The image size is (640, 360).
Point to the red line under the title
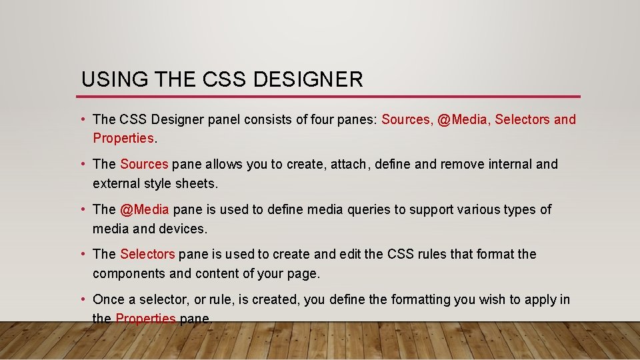[x=331, y=97]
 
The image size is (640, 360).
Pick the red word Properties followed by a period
[x=123, y=138]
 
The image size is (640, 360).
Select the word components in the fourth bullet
[x=129, y=273]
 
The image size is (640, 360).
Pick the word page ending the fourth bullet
[x=303, y=273]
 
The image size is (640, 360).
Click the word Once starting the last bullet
[x=109, y=299]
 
